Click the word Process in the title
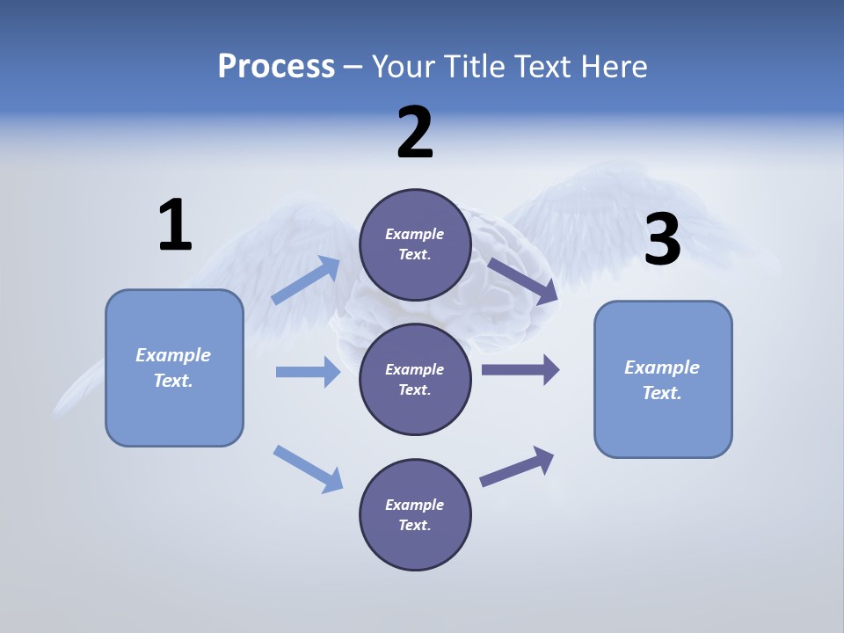(276, 66)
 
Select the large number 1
(175, 225)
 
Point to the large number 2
(415, 133)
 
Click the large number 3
(662, 239)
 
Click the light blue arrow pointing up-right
(307, 280)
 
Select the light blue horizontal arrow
(308, 372)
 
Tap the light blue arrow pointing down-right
(309, 468)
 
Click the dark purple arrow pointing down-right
(523, 280)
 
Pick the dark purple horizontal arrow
(520, 369)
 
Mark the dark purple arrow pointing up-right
(517, 466)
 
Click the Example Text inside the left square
(173, 367)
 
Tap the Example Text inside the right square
(662, 380)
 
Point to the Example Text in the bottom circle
(414, 514)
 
